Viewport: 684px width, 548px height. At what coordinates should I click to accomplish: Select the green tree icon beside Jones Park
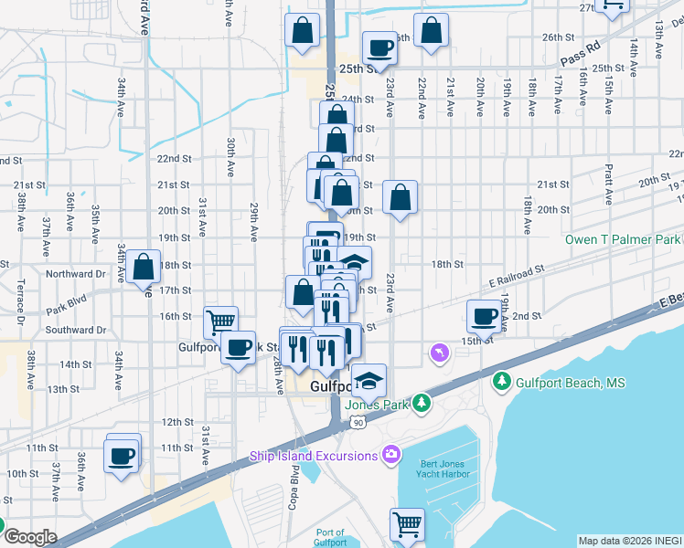[421, 402]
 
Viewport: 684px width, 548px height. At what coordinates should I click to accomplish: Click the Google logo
[30, 536]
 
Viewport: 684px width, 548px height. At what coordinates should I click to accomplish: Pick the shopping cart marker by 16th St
[221, 321]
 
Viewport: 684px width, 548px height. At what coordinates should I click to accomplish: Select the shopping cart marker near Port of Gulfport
[407, 523]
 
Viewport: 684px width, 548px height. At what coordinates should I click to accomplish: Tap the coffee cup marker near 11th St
[122, 455]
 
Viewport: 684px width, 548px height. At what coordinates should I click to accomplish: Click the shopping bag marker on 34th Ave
[144, 267]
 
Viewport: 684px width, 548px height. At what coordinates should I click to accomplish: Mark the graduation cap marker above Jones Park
[369, 379]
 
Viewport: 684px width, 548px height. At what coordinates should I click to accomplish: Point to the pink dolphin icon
[440, 353]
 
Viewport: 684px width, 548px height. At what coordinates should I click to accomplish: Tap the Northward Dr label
[76, 273]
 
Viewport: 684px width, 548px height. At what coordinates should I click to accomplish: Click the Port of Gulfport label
[329, 537]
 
